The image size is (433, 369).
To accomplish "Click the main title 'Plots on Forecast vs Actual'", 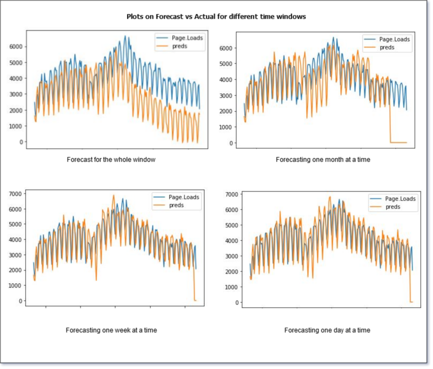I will [x=216, y=17].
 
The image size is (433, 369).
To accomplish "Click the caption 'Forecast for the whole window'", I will [x=111, y=159].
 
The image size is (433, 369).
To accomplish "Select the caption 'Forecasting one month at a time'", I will [x=323, y=159].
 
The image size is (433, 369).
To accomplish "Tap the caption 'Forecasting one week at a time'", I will [x=111, y=330].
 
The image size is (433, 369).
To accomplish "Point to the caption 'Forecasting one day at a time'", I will [x=327, y=330].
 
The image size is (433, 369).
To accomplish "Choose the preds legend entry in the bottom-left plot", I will [x=176, y=205].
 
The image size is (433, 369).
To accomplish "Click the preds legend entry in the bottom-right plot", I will [x=392, y=206].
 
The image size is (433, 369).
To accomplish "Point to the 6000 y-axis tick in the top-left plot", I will [x=17, y=47].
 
